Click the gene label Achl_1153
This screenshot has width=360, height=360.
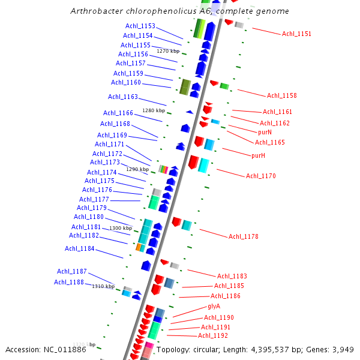pos(140,26)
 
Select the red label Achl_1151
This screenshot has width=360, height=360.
pos(296,34)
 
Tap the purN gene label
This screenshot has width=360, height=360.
pos(265,132)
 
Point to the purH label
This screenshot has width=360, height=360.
pos(259,155)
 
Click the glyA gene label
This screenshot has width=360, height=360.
pos(214,306)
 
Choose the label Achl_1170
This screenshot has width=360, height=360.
pos(261,176)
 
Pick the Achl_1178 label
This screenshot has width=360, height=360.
pos(244,236)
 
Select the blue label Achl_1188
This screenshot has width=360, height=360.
pos(69,282)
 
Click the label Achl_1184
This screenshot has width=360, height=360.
pos(80,248)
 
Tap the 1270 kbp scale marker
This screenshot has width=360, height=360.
pos(168,51)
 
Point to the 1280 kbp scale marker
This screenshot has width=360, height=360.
pos(153,110)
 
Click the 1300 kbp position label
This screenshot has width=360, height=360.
pos(120,228)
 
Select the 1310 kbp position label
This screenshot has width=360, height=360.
pos(103,287)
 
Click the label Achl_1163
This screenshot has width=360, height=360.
pos(123,97)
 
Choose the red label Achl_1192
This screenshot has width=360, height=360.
pos(213,336)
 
